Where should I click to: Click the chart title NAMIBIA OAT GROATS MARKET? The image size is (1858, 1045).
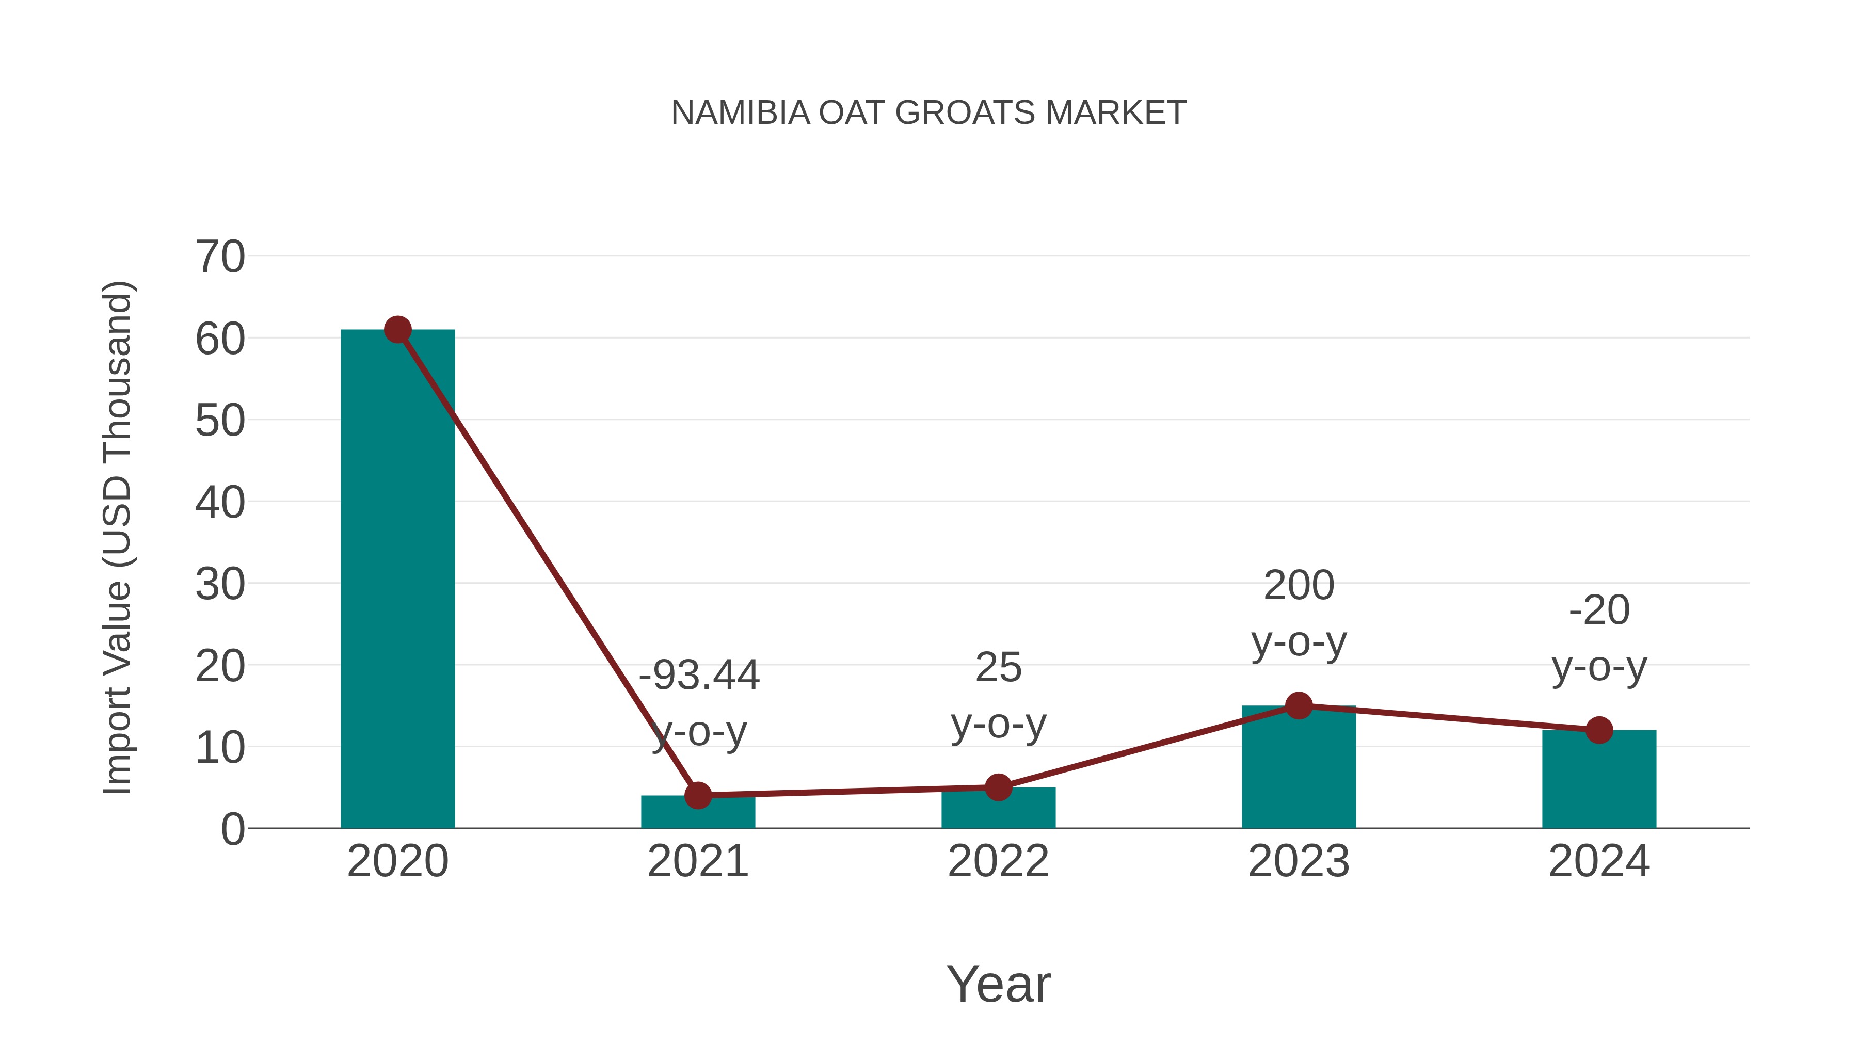click(x=928, y=113)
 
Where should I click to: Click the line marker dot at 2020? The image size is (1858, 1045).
click(x=397, y=330)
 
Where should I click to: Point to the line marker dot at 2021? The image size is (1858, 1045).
click(x=697, y=795)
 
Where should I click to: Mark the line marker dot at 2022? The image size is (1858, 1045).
click(x=998, y=787)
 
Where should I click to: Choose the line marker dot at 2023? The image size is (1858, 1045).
click(x=1299, y=705)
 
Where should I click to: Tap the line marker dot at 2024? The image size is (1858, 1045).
click(x=1599, y=730)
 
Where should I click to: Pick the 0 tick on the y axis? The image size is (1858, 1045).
click(x=232, y=829)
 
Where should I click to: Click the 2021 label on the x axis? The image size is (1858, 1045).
click(x=697, y=861)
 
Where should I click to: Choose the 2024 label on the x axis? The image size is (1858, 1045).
click(x=1599, y=861)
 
